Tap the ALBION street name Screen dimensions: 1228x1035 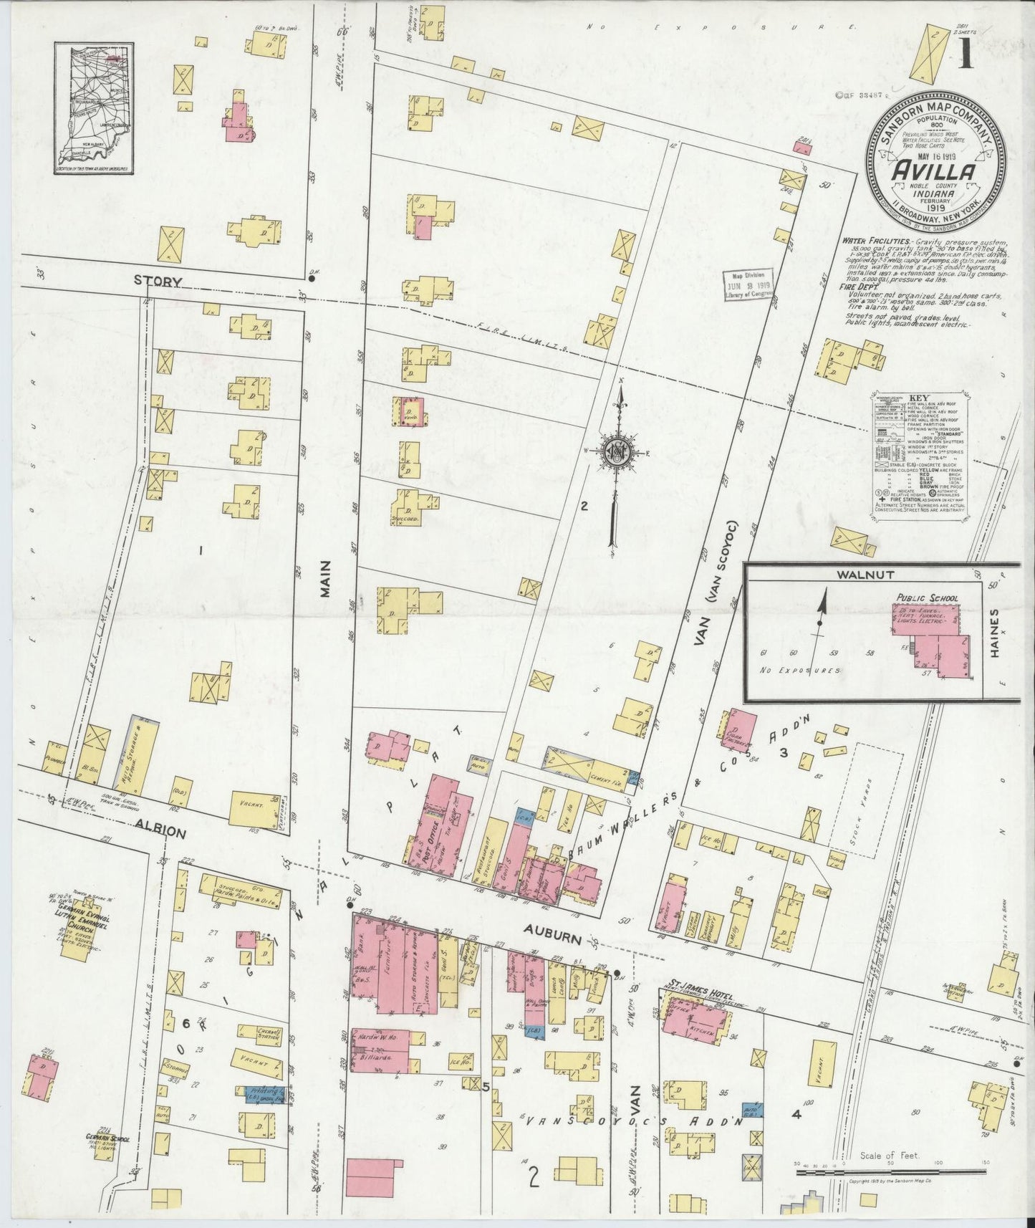[159, 834]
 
